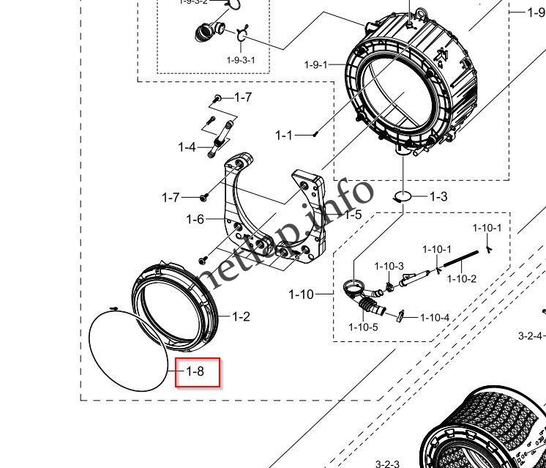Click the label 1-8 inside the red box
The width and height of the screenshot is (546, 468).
click(194, 371)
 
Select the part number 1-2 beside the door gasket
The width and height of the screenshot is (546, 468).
click(241, 316)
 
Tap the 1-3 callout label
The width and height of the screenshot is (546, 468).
click(438, 196)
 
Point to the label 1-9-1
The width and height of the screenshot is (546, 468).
click(317, 64)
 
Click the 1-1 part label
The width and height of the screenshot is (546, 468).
click(284, 135)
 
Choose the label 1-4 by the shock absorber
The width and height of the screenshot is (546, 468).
click(187, 147)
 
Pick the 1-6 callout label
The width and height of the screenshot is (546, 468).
click(195, 219)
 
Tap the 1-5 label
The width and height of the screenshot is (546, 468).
click(353, 215)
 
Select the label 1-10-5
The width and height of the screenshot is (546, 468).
click(363, 327)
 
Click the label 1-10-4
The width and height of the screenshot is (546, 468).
click(435, 317)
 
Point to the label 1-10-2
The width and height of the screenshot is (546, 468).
click(462, 279)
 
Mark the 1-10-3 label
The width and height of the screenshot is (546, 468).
click(389, 266)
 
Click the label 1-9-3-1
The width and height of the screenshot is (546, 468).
click(241, 59)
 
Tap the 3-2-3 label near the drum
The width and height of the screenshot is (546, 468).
click(387, 464)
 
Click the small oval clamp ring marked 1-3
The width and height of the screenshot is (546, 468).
click(402, 196)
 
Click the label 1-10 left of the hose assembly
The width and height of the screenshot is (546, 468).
click(300, 294)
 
